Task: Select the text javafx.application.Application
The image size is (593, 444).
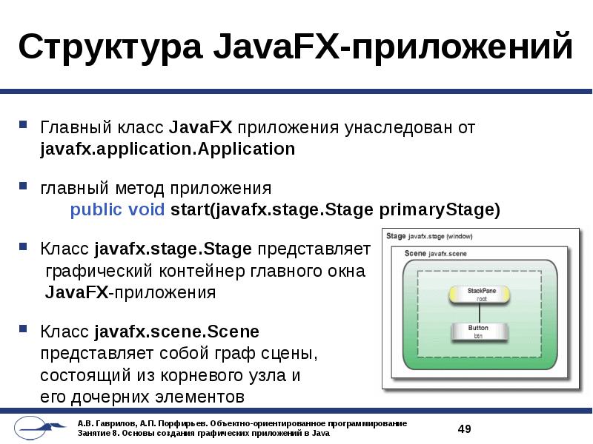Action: [168, 149]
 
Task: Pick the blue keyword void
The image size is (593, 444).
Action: [147, 209]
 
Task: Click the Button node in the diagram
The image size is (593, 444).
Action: [478, 332]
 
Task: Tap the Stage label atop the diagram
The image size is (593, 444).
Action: [396, 236]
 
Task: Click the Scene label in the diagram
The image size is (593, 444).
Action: [415, 253]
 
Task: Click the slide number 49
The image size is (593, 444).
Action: [465, 429]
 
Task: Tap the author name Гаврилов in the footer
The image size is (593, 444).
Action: [113, 423]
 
